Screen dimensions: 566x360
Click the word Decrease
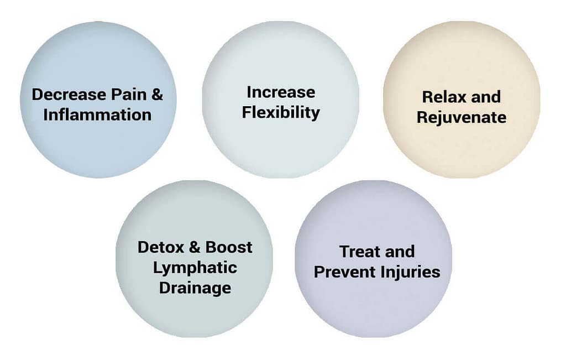tap(69, 95)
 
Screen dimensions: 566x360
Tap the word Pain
tap(129, 95)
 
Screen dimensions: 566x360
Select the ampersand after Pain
tap(158, 95)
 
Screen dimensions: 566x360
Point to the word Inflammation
tap(97, 115)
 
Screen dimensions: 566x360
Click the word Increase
tap(281, 92)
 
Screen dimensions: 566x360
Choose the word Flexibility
tap(281, 113)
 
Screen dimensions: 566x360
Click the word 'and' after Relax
tap(486, 97)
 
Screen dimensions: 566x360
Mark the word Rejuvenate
tap(462, 118)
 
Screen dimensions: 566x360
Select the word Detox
tap(161, 247)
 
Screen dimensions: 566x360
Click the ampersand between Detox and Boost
tap(195, 247)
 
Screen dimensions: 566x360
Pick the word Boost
tap(229, 247)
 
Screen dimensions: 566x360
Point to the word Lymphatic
tap(195, 268)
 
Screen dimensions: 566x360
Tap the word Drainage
tap(195, 289)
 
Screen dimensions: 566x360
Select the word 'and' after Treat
tap(400, 252)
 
